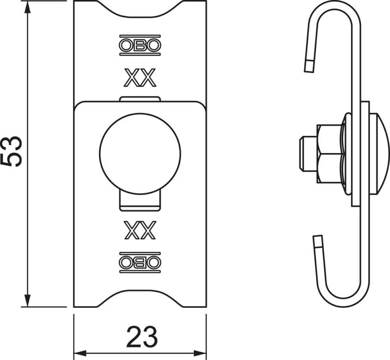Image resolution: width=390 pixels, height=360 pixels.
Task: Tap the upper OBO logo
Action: pos(140,45)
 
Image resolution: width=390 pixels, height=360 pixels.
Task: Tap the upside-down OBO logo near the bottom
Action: pos(140,263)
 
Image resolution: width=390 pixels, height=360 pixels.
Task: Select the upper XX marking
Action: pos(140,78)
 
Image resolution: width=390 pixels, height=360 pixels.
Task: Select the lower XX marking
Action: pos(140,230)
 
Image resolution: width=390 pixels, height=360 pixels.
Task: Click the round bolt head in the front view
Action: pos(140,154)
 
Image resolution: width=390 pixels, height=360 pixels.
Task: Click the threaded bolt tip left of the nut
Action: pos(308,154)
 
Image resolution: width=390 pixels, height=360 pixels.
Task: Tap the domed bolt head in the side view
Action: pos(379,154)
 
